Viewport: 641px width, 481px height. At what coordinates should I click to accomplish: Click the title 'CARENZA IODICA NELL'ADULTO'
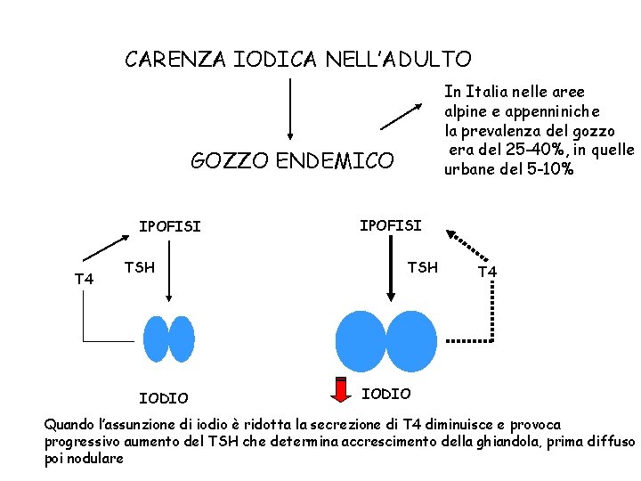coord(298,60)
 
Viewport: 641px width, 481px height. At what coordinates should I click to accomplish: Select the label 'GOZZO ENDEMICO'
coord(292,161)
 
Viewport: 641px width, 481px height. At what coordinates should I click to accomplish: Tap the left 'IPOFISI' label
coord(169,226)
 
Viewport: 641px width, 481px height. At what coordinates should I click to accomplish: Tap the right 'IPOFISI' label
coord(390,225)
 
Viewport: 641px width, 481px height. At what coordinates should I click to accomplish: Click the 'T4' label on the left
coord(84,280)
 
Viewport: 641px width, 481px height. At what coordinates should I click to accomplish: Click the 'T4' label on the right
coord(487,272)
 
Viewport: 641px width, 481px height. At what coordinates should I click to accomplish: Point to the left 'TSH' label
coord(139,266)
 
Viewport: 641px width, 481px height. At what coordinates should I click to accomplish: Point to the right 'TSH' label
coord(422,266)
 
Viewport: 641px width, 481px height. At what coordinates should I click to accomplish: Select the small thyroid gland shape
coord(169,339)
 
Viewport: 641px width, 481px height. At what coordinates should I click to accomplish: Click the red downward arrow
coord(341,390)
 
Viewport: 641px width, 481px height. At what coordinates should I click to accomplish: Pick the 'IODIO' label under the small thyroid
coord(164,398)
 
